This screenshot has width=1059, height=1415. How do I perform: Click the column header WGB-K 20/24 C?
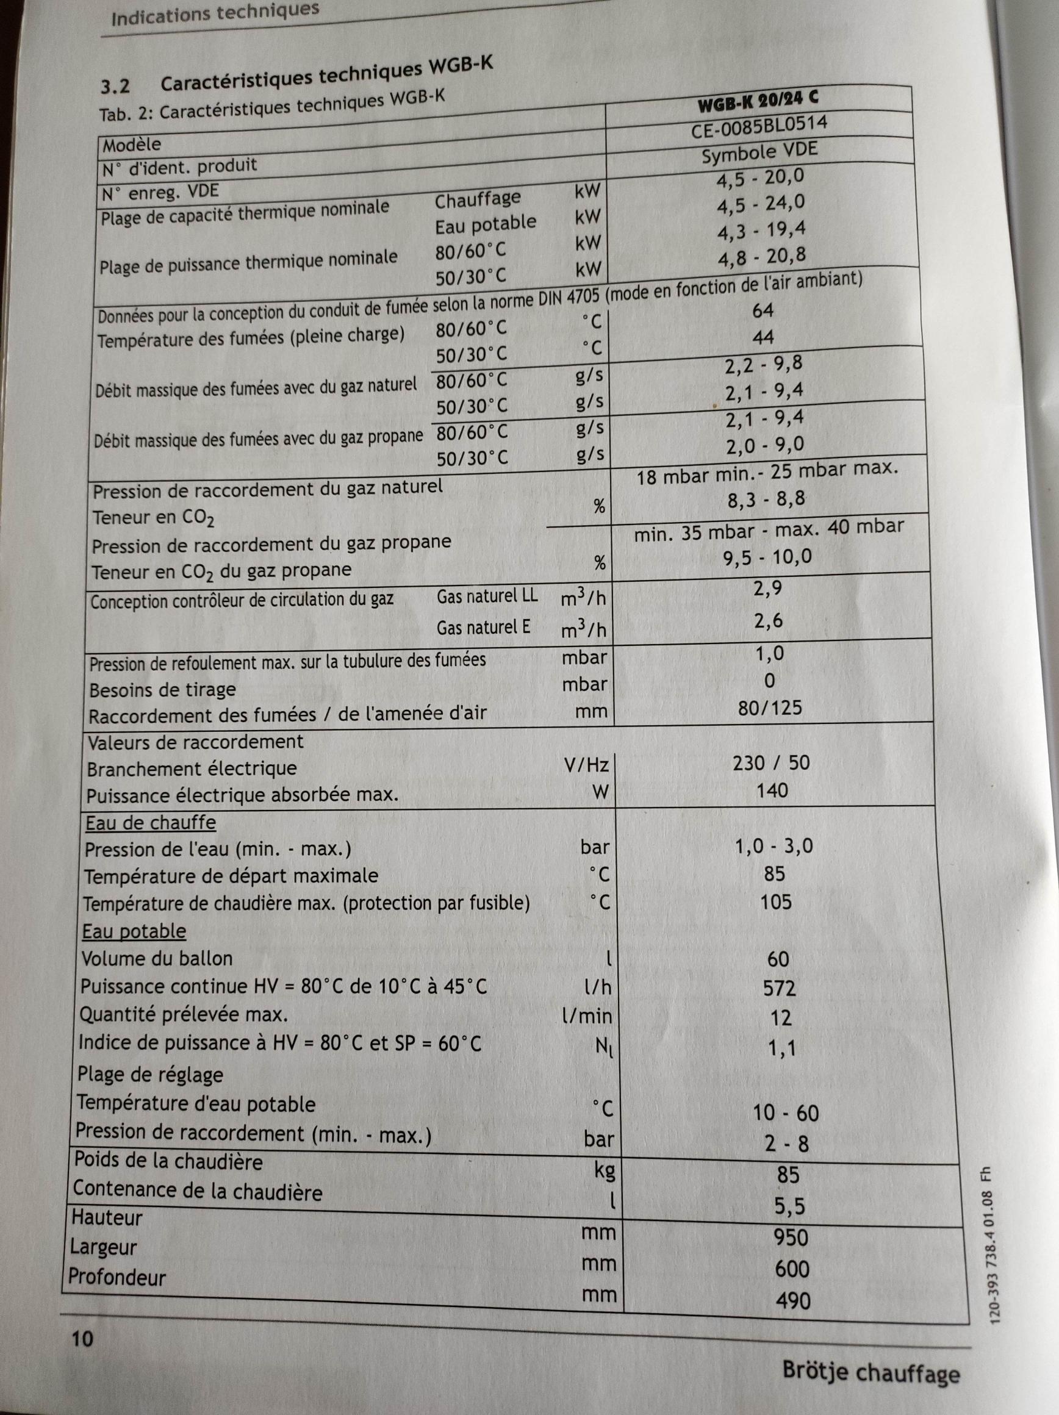759,101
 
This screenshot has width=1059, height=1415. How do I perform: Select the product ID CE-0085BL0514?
759,126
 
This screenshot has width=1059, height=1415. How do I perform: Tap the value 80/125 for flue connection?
770,708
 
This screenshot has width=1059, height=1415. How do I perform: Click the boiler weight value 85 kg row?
788,1175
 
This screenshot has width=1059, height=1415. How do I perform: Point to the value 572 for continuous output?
780,988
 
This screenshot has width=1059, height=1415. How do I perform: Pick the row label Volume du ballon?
157,958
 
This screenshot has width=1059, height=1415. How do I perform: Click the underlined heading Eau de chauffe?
151,823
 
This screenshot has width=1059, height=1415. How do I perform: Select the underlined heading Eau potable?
134,931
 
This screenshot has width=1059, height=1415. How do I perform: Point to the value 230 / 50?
772,762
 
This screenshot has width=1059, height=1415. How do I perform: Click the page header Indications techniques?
215,12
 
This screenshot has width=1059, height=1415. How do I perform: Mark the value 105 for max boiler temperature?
775,902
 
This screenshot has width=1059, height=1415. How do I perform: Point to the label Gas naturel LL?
487,597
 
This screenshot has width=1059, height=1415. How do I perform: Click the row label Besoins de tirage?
162,690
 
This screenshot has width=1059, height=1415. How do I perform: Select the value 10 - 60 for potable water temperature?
786,1113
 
